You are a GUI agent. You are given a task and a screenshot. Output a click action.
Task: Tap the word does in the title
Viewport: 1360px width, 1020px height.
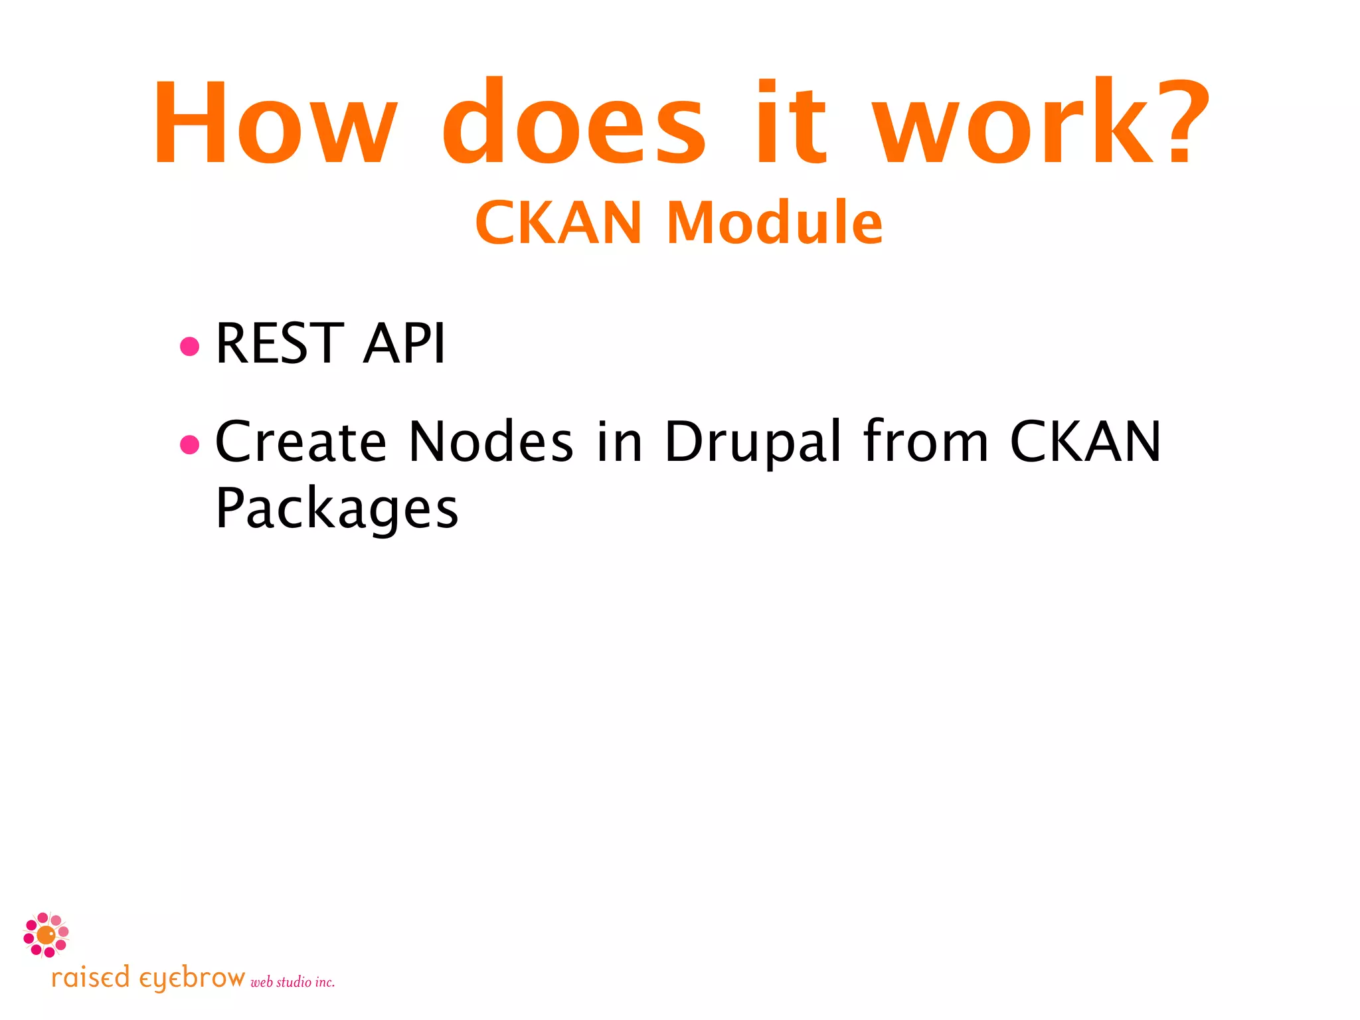tap(574, 123)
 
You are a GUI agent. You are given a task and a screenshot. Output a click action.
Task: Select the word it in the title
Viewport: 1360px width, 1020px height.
tap(790, 123)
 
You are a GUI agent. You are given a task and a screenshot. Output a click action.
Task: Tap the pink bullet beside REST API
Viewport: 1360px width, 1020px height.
tap(190, 346)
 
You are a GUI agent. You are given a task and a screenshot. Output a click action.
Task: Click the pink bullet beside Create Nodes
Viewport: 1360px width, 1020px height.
tap(190, 444)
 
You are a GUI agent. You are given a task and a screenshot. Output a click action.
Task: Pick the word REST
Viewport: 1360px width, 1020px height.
tap(280, 343)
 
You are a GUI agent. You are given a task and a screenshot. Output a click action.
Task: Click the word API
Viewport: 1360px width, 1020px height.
tap(404, 343)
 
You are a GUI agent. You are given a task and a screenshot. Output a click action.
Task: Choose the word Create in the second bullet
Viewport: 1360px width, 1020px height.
tap(301, 442)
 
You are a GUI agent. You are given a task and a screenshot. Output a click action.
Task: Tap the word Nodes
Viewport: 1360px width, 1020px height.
tap(491, 442)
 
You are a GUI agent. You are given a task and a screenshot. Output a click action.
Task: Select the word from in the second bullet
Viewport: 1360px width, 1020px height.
tap(926, 442)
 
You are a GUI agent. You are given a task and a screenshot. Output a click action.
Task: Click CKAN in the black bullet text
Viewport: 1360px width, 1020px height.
tap(1085, 442)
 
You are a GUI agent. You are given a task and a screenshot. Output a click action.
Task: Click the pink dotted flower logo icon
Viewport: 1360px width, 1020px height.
tap(46, 935)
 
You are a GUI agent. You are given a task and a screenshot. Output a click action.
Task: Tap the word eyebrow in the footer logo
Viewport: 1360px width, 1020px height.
tap(192, 979)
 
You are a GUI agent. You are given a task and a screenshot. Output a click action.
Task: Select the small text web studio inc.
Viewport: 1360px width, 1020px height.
tap(292, 982)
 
